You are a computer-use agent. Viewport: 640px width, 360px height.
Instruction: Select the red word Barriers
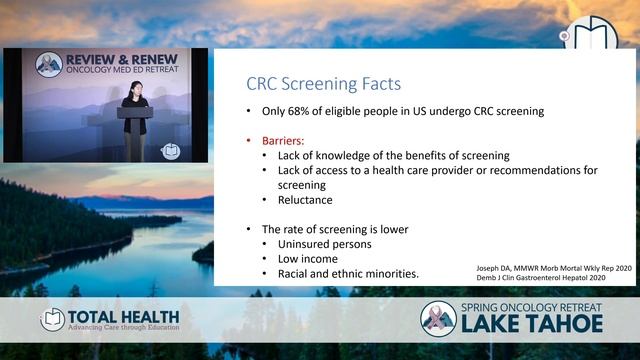pyautogui.click(x=284, y=141)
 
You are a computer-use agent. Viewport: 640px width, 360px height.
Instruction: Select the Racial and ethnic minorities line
pyautogui.click(x=347, y=274)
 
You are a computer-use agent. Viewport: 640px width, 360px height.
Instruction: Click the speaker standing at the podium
pyautogui.click(x=134, y=120)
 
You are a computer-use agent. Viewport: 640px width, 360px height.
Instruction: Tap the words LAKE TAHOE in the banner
pyautogui.click(x=531, y=325)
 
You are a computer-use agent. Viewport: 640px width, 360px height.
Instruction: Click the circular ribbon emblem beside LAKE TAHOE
pyautogui.click(x=438, y=319)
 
